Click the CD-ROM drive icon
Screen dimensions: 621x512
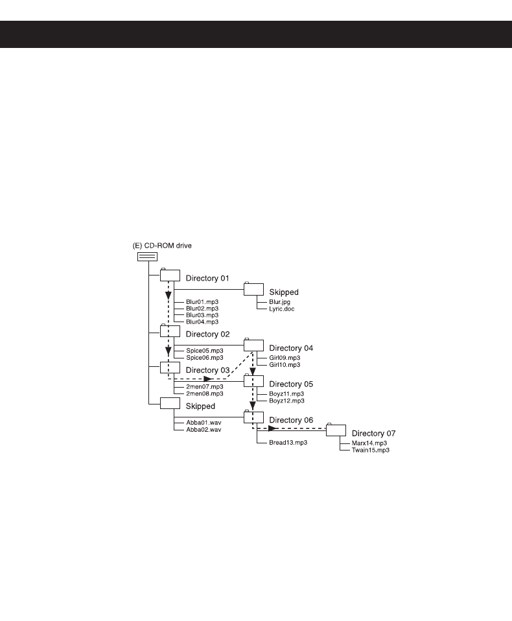pyautogui.click(x=147, y=256)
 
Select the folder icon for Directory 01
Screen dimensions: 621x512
pyautogui.click(x=170, y=275)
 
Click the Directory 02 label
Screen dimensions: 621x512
pyautogui.click(x=207, y=334)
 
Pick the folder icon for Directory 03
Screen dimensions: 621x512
pyautogui.click(x=170, y=368)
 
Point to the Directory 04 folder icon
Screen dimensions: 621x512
pyautogui.click(x=253, y=345)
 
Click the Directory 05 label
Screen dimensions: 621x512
pyautogui.click(x=291, y=384)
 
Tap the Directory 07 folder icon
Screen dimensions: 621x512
pyautogui.click(x=336, y=430)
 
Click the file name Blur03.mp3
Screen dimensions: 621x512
pyautogui.click(x=202, y=315)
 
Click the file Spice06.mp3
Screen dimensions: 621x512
pyautogui.click(x=205, y=357)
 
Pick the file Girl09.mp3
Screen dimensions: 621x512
pyautogui.click(x=285, y=358)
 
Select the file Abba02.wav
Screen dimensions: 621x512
pyautogui.click(x=204, y=429)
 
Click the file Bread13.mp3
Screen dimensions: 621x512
pyautogui.click(x=288, y=442)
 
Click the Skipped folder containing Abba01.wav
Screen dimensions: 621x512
pyautogui.click(x=170, y=403)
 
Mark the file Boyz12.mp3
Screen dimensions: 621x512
pyautogui.click(x=286, y=401)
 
